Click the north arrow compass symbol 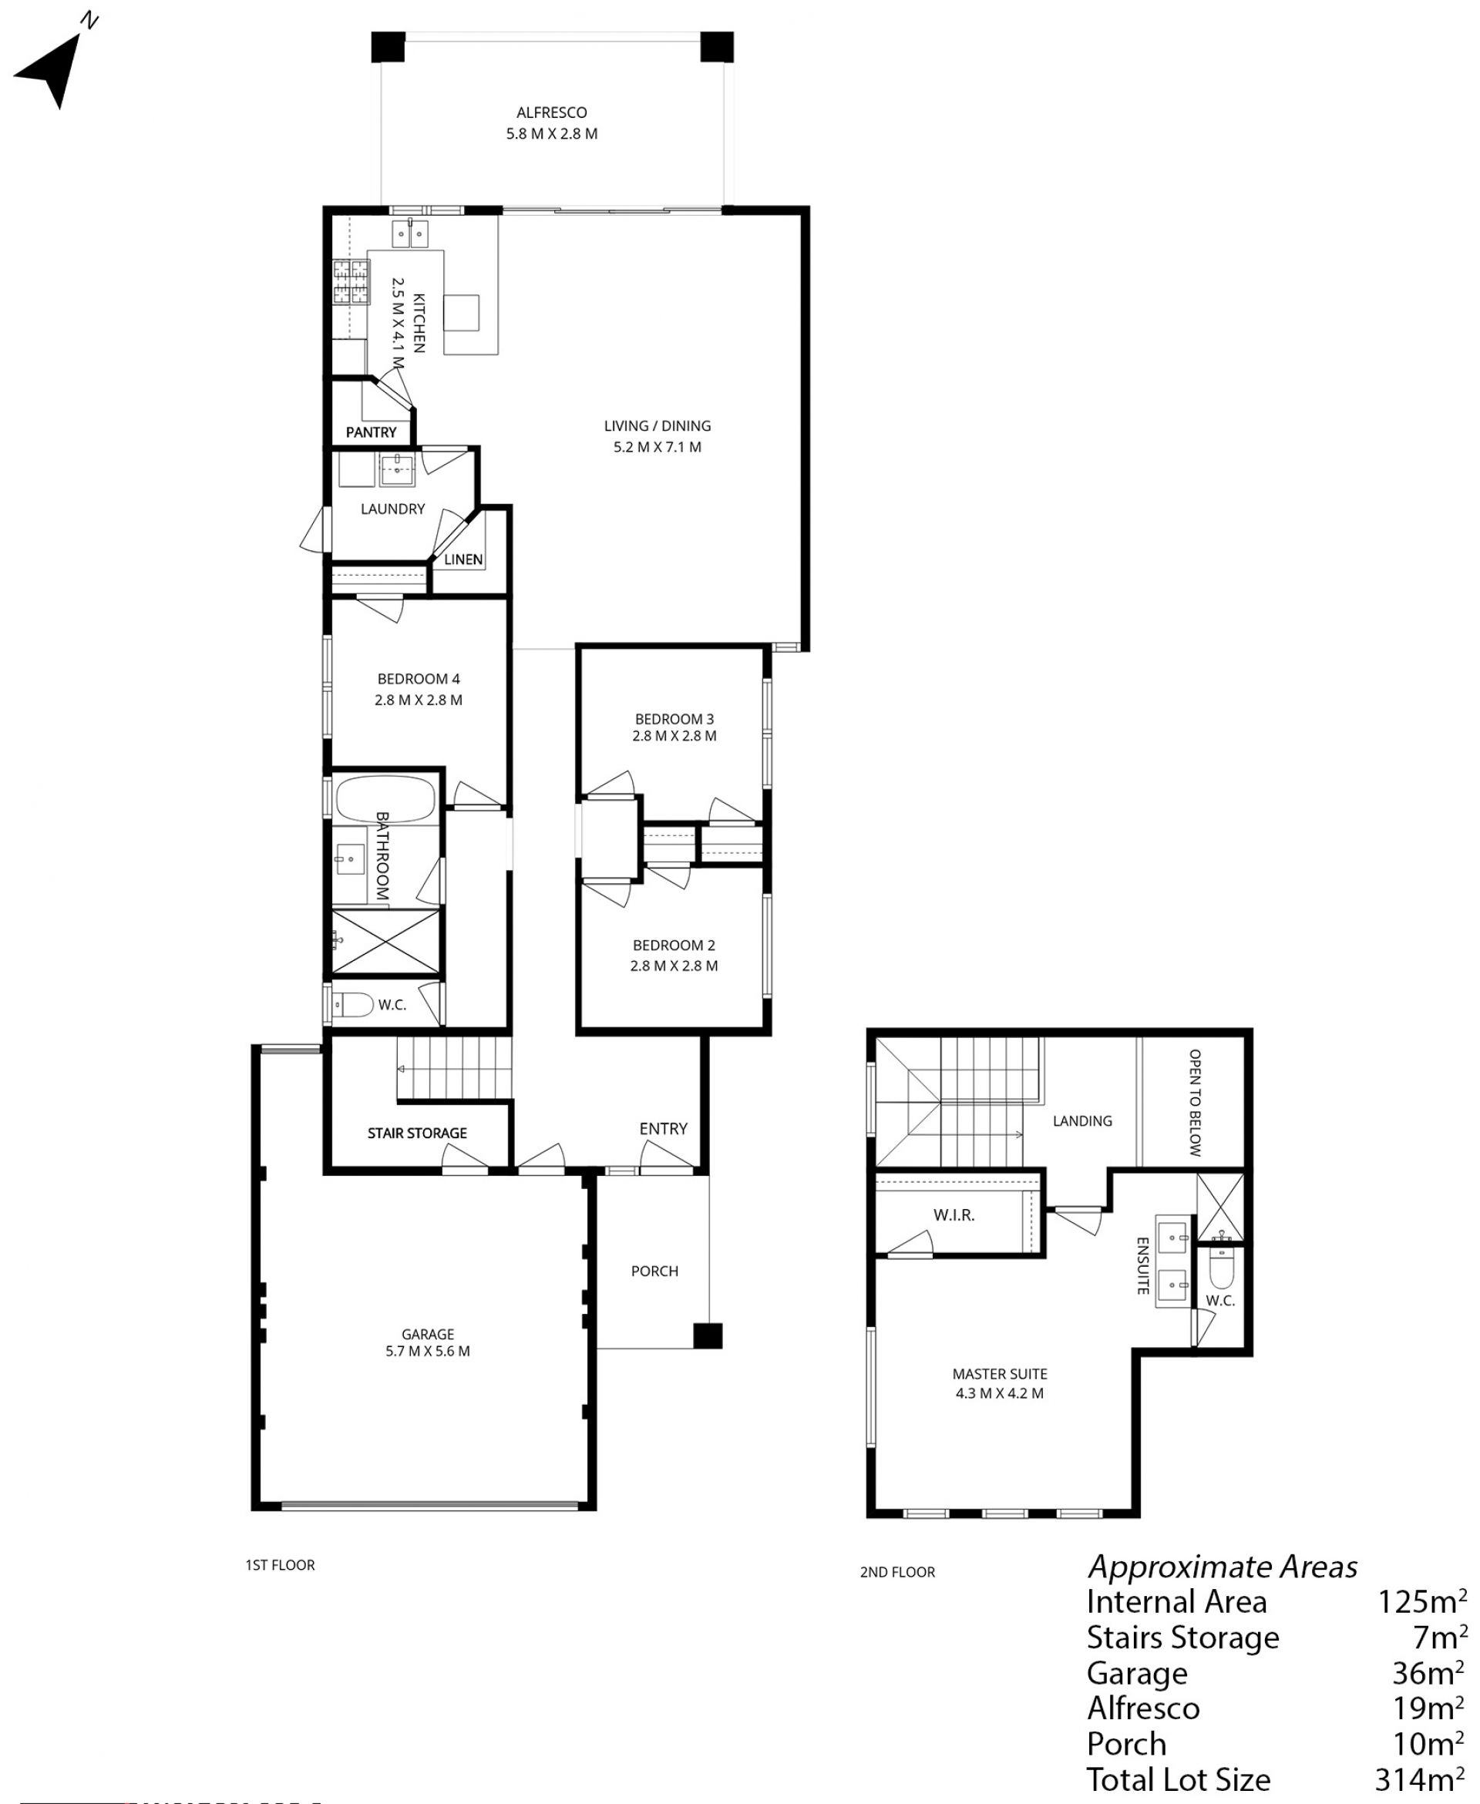point(53,68)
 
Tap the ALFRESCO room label point(552,113)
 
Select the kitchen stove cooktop point(351,282)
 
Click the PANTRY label point(371,432)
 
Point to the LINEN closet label point(464,559)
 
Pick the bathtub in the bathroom point(385,798)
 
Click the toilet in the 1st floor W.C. point(352,1005)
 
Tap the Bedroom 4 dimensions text point(419,700)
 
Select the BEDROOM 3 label point(674,718)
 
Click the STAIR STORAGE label point(417,1133)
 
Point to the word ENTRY point(663,1128)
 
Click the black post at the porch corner point(708,1335)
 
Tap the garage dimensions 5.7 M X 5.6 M point(428,1351)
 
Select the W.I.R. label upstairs point(954,1215)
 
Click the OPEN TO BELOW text point(1196,1102)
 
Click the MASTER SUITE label point(1000,1374)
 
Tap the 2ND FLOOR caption point(898,1572)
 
